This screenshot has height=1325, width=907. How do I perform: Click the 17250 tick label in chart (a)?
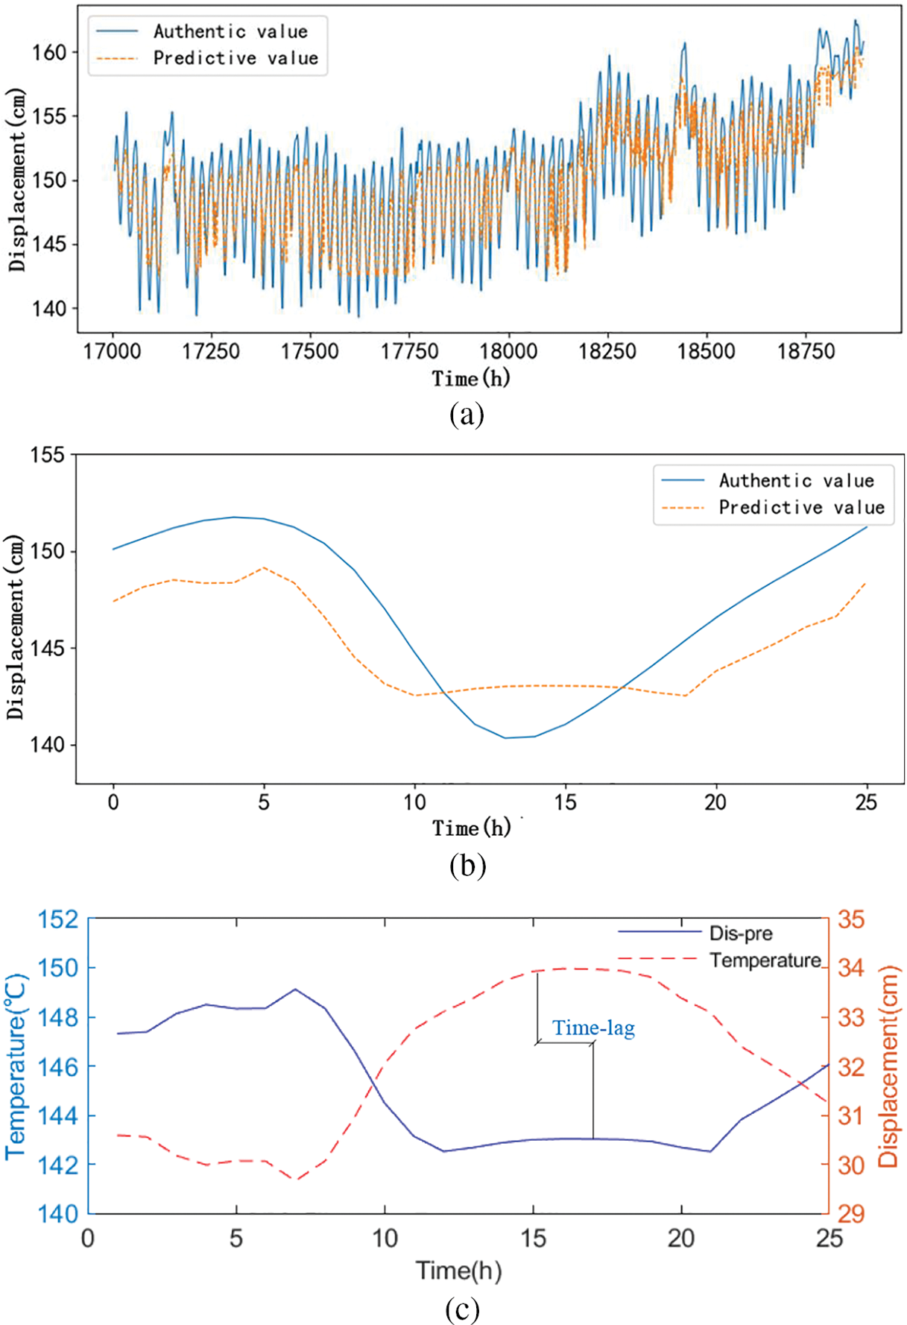pos(211,351)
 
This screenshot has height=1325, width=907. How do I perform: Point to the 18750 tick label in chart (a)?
pos(806,351)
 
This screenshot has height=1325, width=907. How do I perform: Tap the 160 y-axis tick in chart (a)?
pos(49,52)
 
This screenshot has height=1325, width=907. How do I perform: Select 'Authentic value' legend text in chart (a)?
pos(230,31)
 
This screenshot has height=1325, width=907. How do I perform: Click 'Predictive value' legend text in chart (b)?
pos(801,508)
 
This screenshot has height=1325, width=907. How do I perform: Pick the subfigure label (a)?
pos(467,414)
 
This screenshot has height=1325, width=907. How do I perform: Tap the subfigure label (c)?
pos(462,1309)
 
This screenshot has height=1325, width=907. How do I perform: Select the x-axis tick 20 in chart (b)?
pos(715,802)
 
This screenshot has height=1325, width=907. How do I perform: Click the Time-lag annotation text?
pos(593,1028)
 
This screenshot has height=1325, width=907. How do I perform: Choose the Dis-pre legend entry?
pos(741,933)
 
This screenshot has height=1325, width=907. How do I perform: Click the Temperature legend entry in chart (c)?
pos(765,960)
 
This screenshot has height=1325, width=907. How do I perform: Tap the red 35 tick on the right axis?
pos(851,919)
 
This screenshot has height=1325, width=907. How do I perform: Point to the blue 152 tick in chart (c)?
pos(58,919)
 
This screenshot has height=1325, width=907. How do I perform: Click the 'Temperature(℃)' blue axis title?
pos(16,1066)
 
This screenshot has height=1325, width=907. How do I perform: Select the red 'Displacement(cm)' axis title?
pos(888,1066)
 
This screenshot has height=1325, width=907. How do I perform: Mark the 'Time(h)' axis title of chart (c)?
pos(458,1270)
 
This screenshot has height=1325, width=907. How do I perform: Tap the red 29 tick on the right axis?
pos(851,1214)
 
